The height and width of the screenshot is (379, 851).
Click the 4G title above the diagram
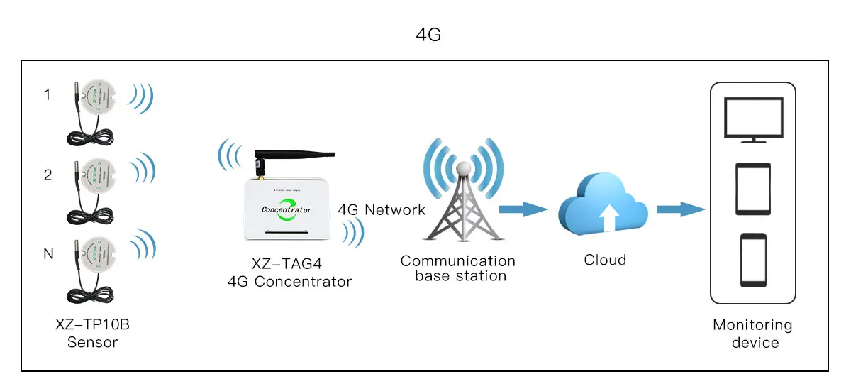point(428,35)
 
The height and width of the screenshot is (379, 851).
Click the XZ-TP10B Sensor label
point(92,334)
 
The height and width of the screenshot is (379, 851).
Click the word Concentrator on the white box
point(287,209)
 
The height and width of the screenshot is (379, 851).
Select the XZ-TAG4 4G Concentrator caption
point(289,273)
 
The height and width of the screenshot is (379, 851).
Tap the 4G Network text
point(382,209)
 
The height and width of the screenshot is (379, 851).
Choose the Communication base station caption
point(458,268)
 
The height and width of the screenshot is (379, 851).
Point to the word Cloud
point(605,260)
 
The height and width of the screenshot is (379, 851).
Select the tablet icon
point(752,188)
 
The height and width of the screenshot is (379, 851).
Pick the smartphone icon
point(752,259)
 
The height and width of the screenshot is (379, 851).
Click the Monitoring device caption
point(752,334)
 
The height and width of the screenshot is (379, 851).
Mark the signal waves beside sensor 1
point(142,99)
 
